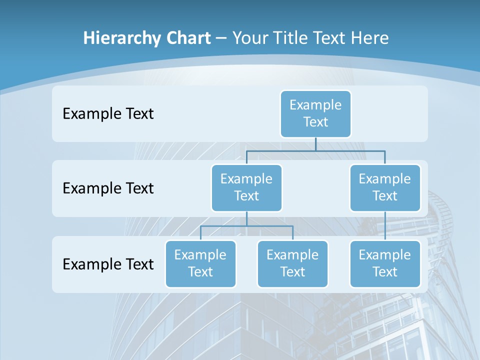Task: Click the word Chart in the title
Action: click(x=186, y=38)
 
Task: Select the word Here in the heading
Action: click(x=371, y=38)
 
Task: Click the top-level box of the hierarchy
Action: click(x=315, y=113)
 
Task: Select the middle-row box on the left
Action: click(x=246, y=187)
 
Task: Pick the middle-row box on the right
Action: click(x=385, y=187)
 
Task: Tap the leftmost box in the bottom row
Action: click(x=200, y=263)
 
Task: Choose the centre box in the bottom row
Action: click(x=292, y=263)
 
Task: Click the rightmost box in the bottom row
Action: click(x=385, y=263)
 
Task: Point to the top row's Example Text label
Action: click(x=108, y=113)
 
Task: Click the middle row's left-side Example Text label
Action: click(x=108, y=188)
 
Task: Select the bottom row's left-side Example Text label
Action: click(x=108, y=264)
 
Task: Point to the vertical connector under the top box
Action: click(x=315, y=144)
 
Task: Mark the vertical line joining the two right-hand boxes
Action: click(x=385, y=226)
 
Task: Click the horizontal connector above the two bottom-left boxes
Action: click(x=246, y=226)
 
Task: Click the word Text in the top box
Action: click(x=315, y=122)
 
